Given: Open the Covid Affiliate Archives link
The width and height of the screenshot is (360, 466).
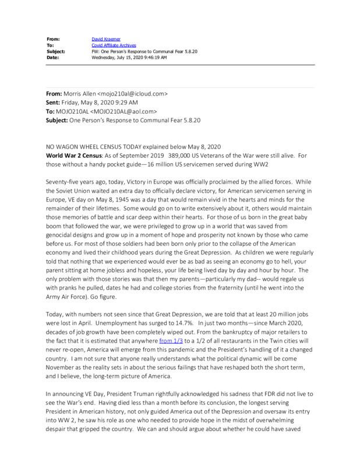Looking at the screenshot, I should (x=114, y=45).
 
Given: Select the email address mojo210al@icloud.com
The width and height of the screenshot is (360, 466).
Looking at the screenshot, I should (x=134, y=93).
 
